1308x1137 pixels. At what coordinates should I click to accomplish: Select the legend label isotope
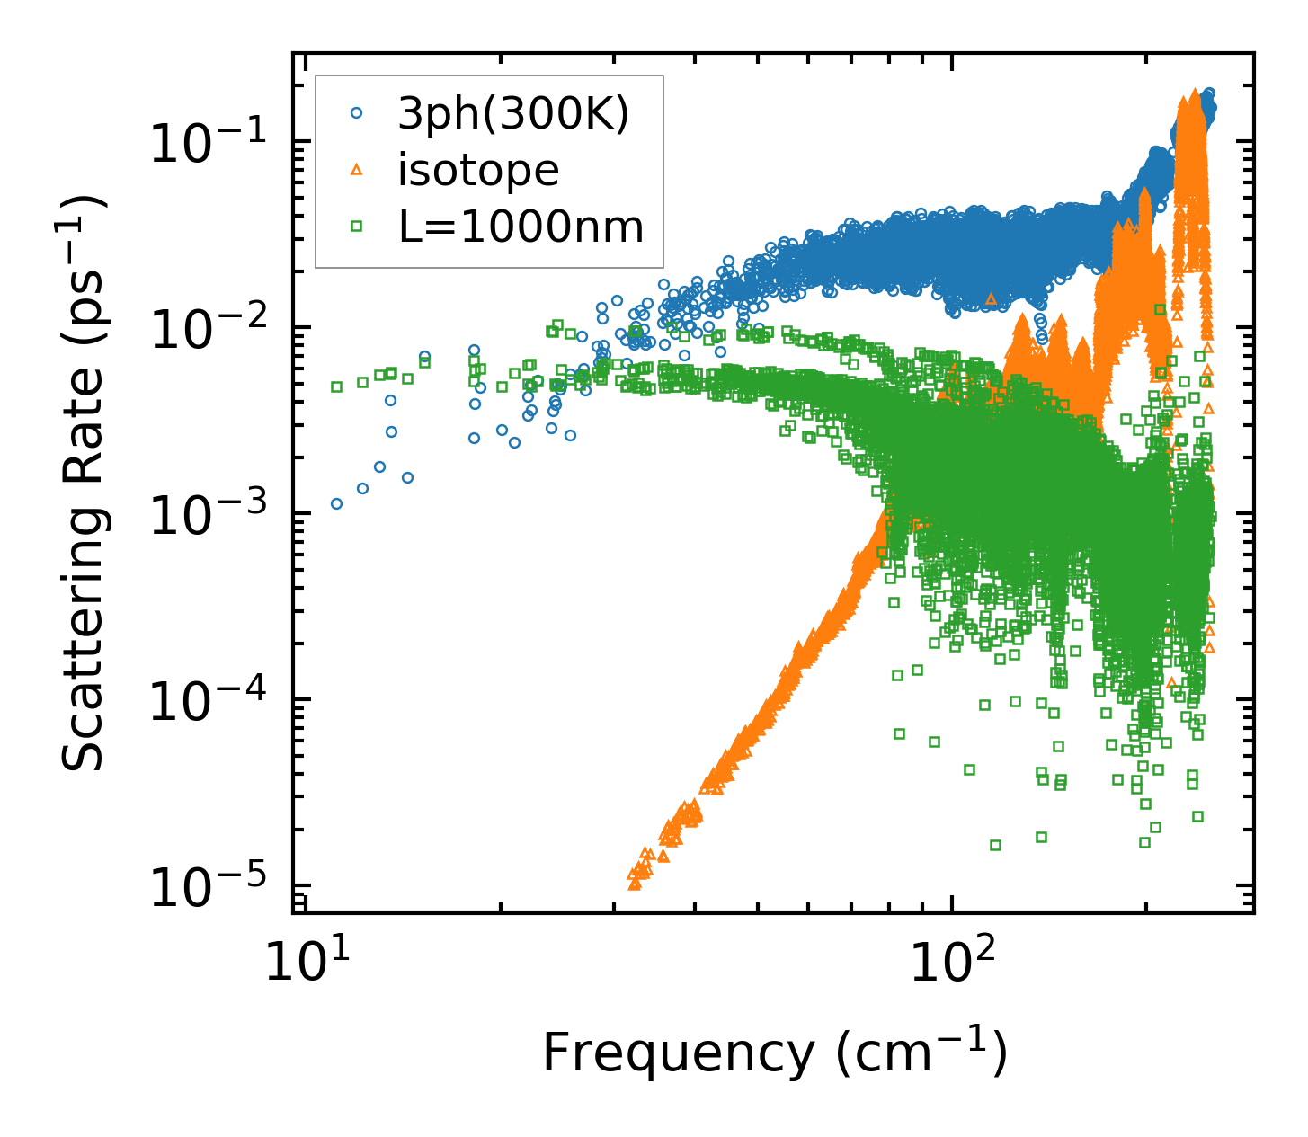click(478, 170)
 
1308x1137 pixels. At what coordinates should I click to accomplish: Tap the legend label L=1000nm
click(521, 227)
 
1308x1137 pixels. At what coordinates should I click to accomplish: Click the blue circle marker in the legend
click(357, 113)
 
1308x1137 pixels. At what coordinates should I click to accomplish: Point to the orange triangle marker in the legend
click(357, 170)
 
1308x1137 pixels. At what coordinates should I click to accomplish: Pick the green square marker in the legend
click(357, 227)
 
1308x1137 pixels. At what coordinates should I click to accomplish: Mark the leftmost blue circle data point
click(336, 503)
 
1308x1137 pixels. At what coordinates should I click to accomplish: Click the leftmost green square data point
click(336, 386)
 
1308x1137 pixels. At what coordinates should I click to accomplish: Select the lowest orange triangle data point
click(635, 884)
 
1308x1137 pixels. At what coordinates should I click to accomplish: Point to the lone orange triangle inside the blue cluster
click(991, 298)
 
